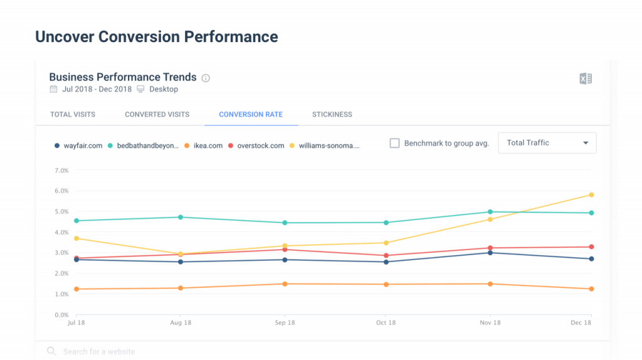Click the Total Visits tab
coord(73,115)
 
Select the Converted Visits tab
coord(157,115)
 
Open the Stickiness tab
coord(332,115)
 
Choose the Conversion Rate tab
coord(251,115)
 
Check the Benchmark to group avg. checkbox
coord(394,143)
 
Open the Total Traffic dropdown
coord(547,143)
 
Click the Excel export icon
coord(586,78)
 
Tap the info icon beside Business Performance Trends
coord(206,78)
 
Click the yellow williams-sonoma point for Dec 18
coord(591,195)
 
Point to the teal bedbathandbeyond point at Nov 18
coord(490,212)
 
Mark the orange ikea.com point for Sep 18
coord(285,284)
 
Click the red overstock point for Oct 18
coord(386,256)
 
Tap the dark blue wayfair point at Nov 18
coord(490,253)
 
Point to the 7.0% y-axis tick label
coord(61,171)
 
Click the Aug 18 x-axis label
coord(181,323)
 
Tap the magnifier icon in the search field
coord(51,352)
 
